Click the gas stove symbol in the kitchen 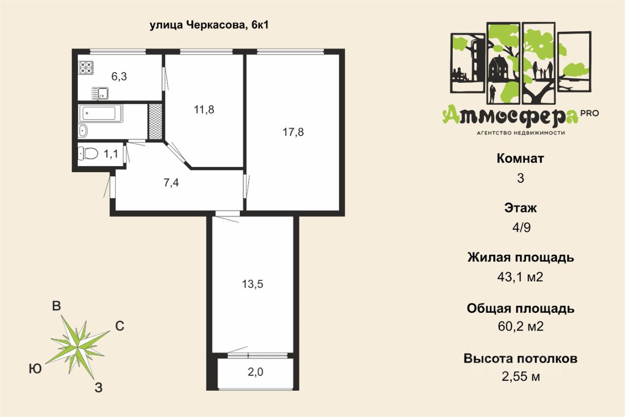(x=86, y=67)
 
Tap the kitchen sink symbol (x=100, y=93)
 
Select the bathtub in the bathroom (x=101, y=113)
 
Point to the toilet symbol (x=88, y=154)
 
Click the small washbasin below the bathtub (x=83, y=131)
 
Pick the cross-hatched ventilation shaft (x=155, y=121)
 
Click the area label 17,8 (x=293, y=132)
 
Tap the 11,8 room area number (x=204, y=110)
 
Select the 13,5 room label (x=252, y=285)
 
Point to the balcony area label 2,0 (x=255, y=372)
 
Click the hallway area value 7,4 (x=171, y=183)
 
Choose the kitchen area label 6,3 (x=119, y=76)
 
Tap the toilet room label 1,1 (x=111, y=154)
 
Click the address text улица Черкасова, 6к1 (x=209, y=25)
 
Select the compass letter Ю (x=36, y=369)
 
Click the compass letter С (x=120, y=326)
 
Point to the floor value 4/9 (x=521, y=228)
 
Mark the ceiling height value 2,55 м (x=521, y=376)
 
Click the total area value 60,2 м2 (x=521, y=326)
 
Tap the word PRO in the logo (x=590, y=113)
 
